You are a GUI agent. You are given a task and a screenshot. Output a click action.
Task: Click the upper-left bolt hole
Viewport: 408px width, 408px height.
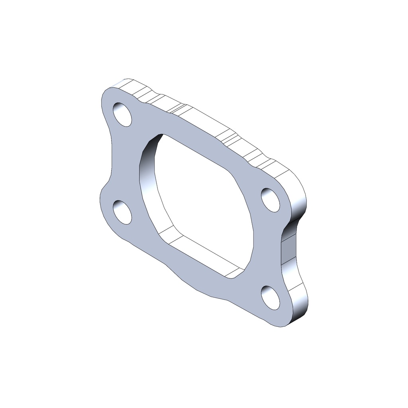click(122, 115)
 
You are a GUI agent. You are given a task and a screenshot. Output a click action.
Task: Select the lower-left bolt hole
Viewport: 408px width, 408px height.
click(122, 212)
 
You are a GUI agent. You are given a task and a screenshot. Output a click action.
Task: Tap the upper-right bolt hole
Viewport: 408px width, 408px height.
click(271, 200)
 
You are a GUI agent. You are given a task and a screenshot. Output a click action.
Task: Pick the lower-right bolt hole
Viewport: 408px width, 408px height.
click(271, 298)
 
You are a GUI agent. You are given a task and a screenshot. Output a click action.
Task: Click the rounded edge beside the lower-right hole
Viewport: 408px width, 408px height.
click(299, 299)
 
